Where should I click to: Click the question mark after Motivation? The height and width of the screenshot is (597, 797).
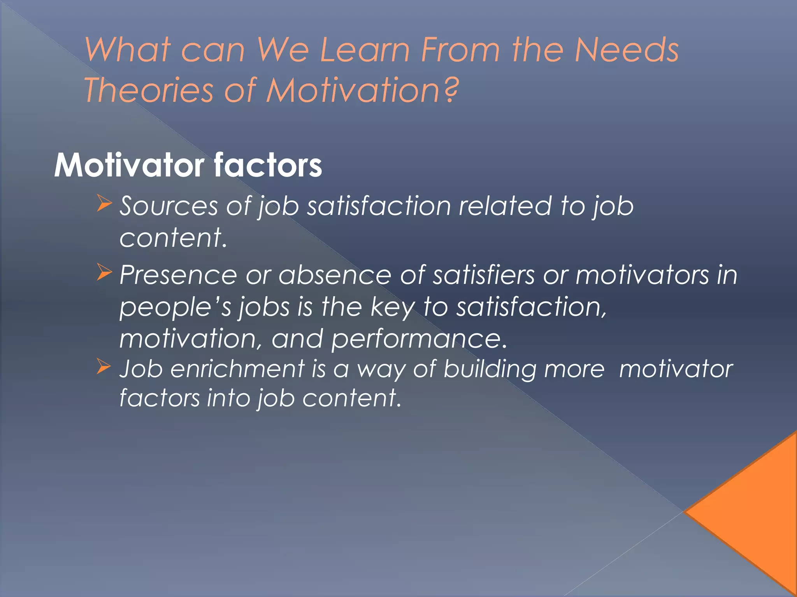451,90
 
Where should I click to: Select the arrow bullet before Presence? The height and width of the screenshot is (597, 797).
104,272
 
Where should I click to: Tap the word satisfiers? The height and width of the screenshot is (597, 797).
484,275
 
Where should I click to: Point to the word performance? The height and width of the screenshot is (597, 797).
419,339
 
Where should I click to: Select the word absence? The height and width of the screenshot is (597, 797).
335,275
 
